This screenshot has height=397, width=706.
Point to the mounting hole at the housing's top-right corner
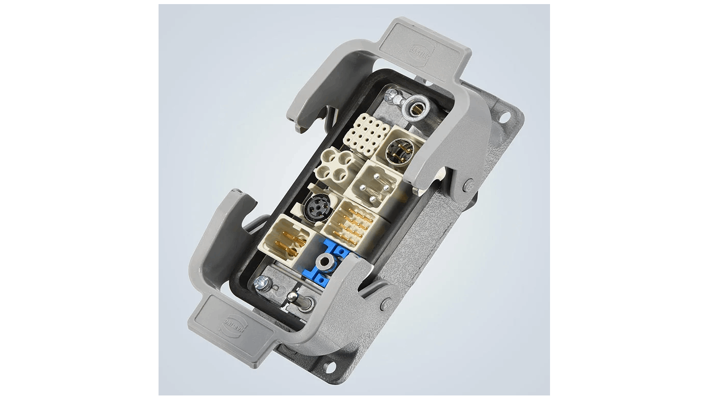coord(504,117)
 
